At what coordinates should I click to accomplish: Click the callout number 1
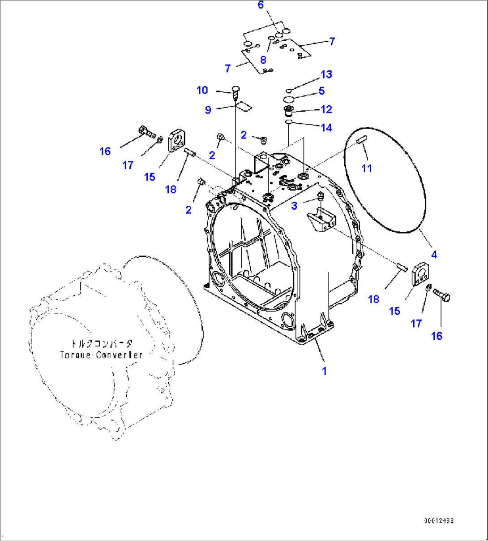(324, 371)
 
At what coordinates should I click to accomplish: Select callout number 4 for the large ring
(433, 255)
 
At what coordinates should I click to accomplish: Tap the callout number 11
(367, 168)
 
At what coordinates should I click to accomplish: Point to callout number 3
(294, 206)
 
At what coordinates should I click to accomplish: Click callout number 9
(208, 110)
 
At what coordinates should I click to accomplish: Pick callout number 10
(202, 90)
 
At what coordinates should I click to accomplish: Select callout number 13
(326, 74)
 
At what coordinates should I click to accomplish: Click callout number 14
(326, 128)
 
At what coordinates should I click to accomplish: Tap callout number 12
(326, 109)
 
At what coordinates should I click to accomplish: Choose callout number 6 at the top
(261, 5)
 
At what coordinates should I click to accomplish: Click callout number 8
(263, 60)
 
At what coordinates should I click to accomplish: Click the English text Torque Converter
(101, 355)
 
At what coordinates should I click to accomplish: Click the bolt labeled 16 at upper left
(146, 131)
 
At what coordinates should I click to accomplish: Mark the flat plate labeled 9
(244, 106)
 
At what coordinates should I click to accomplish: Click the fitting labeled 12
(289, 110)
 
